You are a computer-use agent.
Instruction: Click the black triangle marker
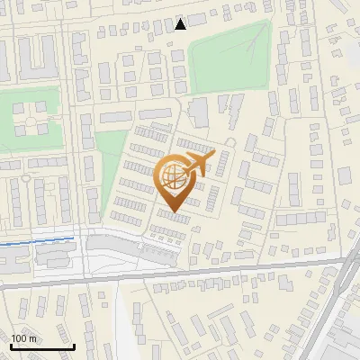pos(181,24)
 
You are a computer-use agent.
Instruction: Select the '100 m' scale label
pos(23,338)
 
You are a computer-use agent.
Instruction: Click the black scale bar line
pos(42,346)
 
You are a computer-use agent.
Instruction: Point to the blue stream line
pos(36,240)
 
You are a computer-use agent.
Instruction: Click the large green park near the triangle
pos(229,56)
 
